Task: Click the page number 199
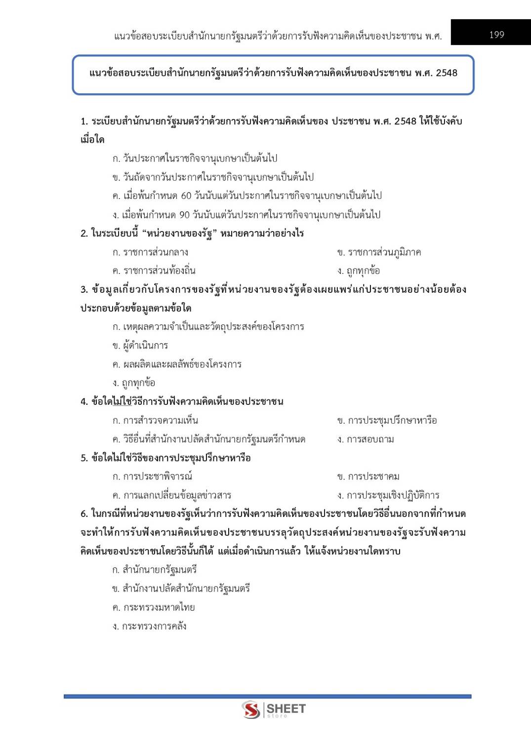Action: pyautogui.click(x=496, y=35)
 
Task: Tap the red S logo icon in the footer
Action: pyautogui.click(x=251, y=710)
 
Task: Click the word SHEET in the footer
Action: pyautogui.click(x=286, y=709)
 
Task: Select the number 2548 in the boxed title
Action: pyautogui.click(x=447, y=73)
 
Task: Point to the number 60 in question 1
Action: pyautogui.click(x=186, y=196)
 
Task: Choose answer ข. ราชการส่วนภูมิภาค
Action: pyautogui.click(x=379, y=252)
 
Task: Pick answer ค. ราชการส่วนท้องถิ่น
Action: pyautogui.click(x=154, y=271)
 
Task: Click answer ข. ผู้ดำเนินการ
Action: pyautogui.click(x=140, y=345)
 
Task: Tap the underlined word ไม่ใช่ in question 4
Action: pyautogui.click(x=122, y=401)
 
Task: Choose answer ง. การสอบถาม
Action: pyautogui.click(x=366, y=439)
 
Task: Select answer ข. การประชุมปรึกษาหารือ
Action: pyautogui.click(x=387, y=421)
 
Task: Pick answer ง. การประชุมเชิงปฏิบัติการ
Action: pyautogui.click(x=388, y=495)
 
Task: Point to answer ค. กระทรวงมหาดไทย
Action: pyautogui.click(x=154, y=607)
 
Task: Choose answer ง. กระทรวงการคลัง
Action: pyautogui.click(x=149, y=626)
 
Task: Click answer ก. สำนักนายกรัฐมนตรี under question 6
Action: pyautogui.click(x=155, y=570)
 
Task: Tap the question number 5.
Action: pyautogui.click(x=83, y=458)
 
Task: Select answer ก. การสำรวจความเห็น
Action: pyautogui.click(x=155, y=421)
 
